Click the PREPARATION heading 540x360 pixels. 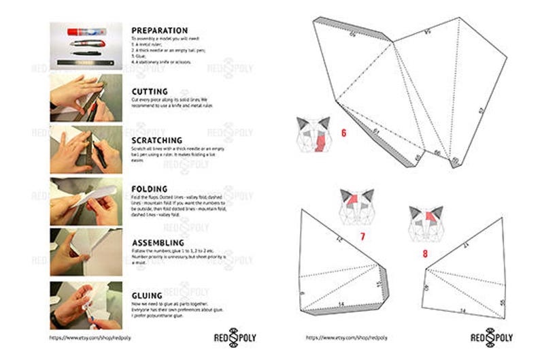159,31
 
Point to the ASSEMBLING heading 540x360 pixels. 158,242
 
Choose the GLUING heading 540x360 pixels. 146,295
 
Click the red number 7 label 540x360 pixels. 362,236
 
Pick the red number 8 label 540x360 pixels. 425,254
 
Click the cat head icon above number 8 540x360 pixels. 426,224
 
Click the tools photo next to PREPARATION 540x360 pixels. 86,46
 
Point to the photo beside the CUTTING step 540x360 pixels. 86,98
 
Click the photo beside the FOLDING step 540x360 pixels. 86,201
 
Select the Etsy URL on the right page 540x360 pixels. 338,337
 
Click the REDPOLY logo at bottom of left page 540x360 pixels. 234,337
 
